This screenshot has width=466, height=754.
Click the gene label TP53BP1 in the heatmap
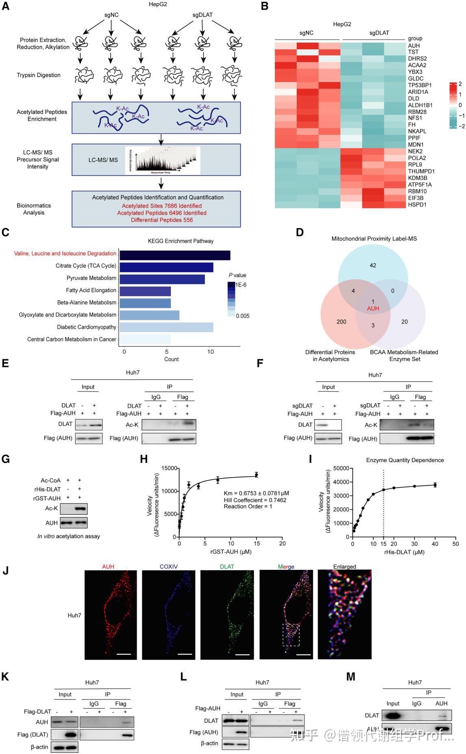(x=420, y=85)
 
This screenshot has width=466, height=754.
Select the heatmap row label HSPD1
(x=417, y=204)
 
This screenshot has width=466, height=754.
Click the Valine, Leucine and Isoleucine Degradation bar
(x=175, y=255)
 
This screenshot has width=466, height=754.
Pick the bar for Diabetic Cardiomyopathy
(x=166, y=327)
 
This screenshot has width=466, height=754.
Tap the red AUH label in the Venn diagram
(x=373, y=309)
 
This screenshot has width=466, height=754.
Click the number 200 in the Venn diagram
(x=341, y=322)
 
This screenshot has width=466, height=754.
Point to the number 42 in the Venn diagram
(x=373, y=265)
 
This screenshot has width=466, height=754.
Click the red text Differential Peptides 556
(x=162, y=220)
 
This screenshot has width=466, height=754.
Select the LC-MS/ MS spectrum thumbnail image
(x=163, y=160)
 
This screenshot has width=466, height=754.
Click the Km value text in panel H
(x=256, y=493)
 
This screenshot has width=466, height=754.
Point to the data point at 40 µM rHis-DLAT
(x=435, y=485)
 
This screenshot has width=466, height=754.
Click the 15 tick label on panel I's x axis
(x=383, y=544)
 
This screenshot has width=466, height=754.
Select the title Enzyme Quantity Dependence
(x=405, y=460)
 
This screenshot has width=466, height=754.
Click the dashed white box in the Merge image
(x=291, y=634)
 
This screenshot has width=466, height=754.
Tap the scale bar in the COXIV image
(x=185, y=654)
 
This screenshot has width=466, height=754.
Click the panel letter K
(x=5, y=676)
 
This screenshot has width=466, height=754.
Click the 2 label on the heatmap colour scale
(x=460, y=84)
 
